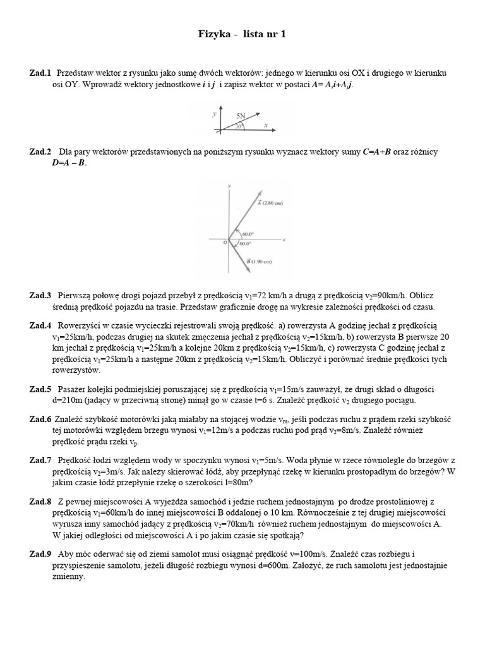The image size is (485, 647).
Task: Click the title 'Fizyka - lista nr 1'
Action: pyautogui.click(x=242, y=35)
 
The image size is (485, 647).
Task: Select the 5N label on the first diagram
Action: pyautogui.click(x=241, y=116)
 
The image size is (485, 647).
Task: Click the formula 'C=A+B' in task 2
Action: pyautogui.click(x=377, y=152)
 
